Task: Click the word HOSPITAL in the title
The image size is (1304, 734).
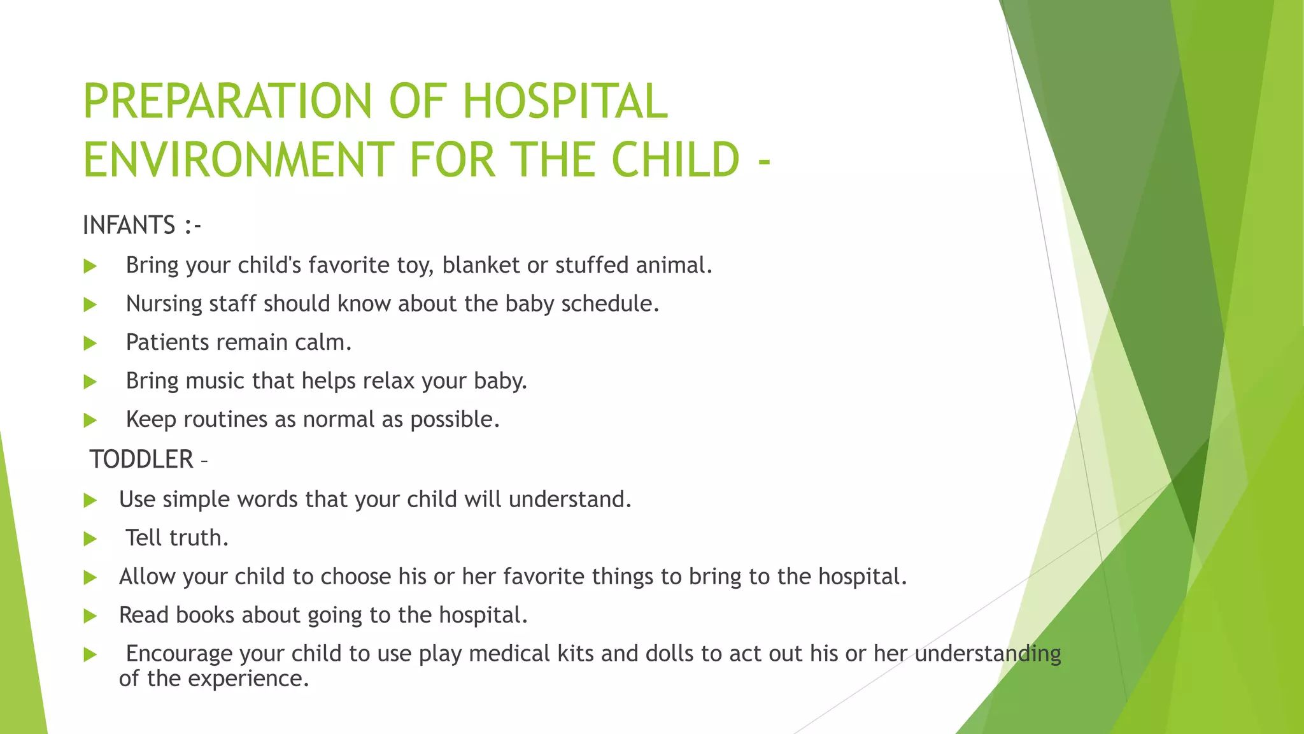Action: click(565, 102)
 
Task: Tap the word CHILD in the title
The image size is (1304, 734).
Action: click(676, 159)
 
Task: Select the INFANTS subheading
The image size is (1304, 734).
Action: click(129, 226)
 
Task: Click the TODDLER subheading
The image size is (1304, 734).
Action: click(141, 459)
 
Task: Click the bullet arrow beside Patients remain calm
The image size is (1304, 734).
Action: click(90, 343)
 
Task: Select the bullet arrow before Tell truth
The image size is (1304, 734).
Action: click(90, 539)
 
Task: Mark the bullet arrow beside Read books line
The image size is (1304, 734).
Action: click(90, 616)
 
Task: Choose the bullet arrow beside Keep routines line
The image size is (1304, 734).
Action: click(90, 421)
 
